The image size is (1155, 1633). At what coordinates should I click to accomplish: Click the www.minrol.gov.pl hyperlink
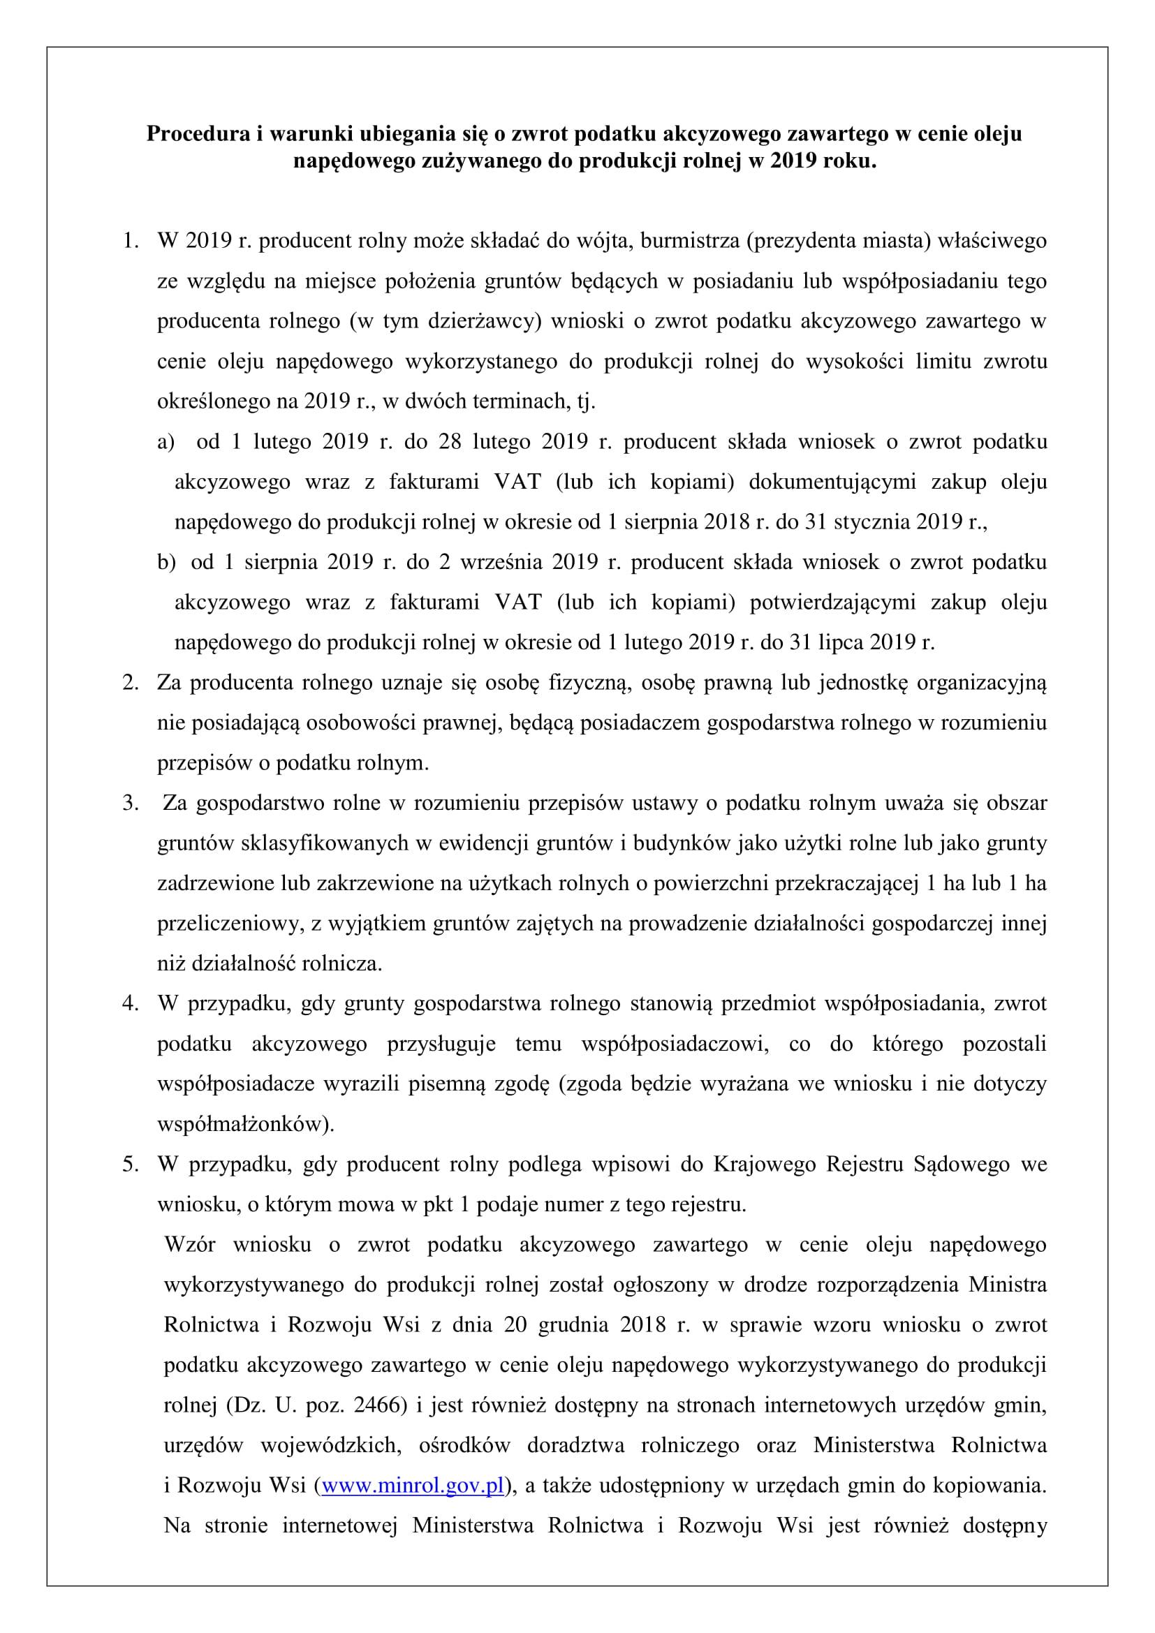tap(413, 1485)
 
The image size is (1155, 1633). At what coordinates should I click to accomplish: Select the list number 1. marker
tap(130, 240)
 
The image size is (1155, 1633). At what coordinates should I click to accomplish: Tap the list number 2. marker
tap(130, 682)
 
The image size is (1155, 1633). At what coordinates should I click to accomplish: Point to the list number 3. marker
tap(130, 803)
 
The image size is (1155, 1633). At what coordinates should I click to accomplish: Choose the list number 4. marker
tap(130, 1003)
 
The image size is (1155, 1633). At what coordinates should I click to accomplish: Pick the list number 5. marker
tap(130, 1165)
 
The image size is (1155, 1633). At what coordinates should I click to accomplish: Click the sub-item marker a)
tap(165, 442)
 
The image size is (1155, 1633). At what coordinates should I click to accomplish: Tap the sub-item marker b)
tap(166, 562)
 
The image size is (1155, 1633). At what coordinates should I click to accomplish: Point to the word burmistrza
tap(690, 240)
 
